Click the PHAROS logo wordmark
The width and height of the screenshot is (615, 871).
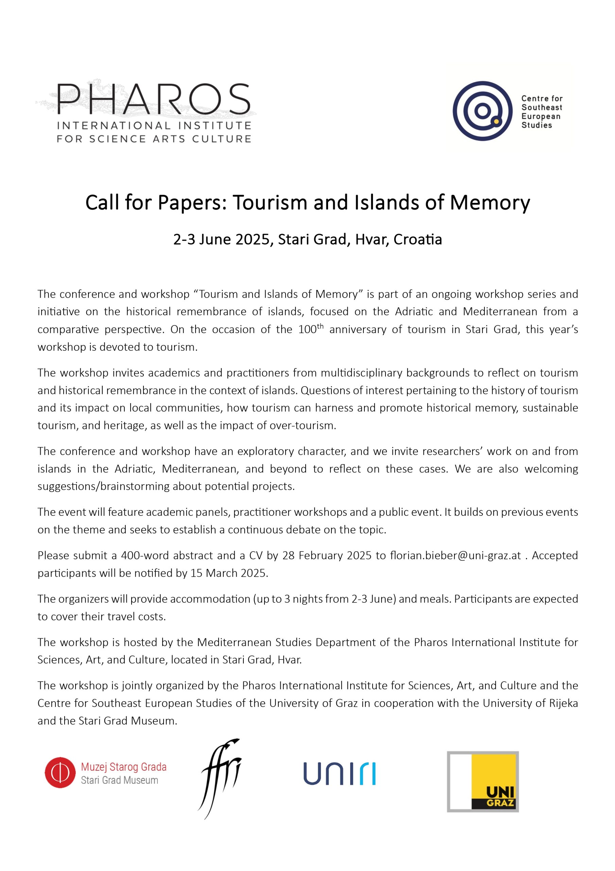click(x=154, y=99)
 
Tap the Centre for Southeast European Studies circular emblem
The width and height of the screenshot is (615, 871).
click(x=482, y=111)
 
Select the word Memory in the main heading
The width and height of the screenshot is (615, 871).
click(x=490, y=202)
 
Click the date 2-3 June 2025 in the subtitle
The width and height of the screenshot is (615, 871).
click(x=221, y=240)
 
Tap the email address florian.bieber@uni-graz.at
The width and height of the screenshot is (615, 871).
click(x=455, y=555)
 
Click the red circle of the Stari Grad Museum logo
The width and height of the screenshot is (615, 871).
click(x=60, y=773)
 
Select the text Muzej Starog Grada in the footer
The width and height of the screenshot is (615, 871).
click(x=124, y=767)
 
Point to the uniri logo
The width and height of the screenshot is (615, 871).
click(x=339, y=774)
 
